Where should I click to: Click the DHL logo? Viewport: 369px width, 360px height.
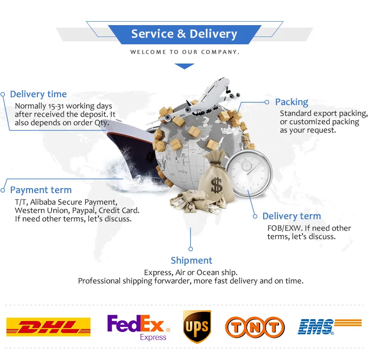pyautogui.click(x=48, y=327)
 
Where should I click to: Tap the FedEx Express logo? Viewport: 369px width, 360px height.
pyautogui.click(x=139, y=327)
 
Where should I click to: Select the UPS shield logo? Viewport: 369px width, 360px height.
pyautogui.click(x=197, y=327)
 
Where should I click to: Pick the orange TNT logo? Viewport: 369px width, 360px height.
pyautogui.click(x=255, y=327)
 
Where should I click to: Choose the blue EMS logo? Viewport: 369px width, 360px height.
pyautogui.click(x=330, y=327)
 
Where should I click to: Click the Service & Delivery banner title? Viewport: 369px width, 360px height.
pyautogui.click(x=184, y=33)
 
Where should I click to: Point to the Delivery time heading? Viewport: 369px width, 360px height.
pyautogui.click(x=38, y=94)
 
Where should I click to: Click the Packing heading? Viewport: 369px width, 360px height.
pyautogui.click(x=292, y=102)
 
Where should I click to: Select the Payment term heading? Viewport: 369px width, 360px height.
pyautogui.click(x=41, y=190)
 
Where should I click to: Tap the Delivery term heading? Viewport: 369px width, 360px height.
pyautogui.click(x=292, y=216)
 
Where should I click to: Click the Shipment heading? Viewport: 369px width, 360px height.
pyautogui.click(x=191, y=261)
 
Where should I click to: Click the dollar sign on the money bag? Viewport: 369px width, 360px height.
pyautogui.click(x=216, y=185)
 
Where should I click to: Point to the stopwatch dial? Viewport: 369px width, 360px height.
pyautogui.click(x=248, y=173)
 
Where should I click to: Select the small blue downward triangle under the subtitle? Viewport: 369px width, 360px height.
pyautogui.click(x=184, y=66)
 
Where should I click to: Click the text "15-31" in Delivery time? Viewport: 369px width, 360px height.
pyautogui.click(x=56, y=106)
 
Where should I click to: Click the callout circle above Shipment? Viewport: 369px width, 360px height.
pyautogui.click(x=190, y=249)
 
